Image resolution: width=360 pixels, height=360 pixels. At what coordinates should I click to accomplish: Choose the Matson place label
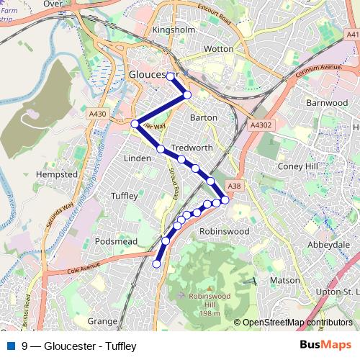click(x=285, y=279)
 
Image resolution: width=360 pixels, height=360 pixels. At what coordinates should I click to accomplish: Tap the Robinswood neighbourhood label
click(x=223, y=232)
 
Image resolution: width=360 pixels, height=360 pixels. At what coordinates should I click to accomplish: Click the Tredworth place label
click(x=191, y=147)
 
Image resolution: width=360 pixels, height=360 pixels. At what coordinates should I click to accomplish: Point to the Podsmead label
click(x=115, y=242)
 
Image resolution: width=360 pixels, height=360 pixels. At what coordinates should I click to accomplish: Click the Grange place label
click(x=102, y=320)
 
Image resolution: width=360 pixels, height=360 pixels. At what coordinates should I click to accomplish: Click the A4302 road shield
click(x=261, y=125)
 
